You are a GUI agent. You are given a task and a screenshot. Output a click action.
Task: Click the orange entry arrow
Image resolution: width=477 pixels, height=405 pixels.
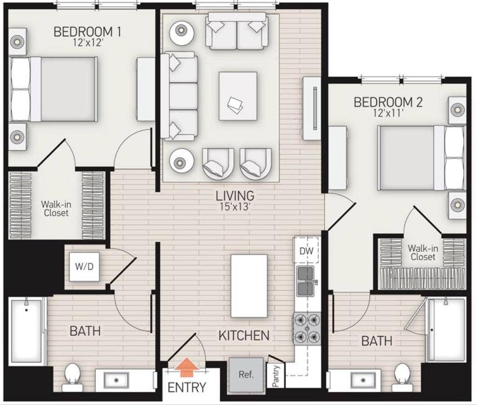187,367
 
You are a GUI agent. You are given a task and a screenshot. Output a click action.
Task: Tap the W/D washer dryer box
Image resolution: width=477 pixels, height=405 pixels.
84,267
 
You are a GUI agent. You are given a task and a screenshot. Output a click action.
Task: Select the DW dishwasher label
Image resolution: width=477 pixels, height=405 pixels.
307,251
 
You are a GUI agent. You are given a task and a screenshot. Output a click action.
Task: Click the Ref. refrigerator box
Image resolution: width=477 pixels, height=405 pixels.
246,375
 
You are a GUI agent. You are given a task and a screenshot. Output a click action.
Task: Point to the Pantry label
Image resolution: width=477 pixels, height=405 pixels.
276,376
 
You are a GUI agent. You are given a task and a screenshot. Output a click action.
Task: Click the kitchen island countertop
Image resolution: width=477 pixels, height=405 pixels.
249,286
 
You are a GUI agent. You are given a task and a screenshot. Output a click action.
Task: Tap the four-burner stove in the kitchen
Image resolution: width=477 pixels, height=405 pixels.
307,328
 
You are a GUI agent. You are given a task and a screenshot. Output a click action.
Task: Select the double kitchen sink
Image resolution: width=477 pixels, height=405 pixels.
306,281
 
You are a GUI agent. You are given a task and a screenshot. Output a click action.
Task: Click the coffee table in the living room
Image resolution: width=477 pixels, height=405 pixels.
238,96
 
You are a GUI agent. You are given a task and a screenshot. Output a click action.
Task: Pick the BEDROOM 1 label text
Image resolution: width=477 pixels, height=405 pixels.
88,32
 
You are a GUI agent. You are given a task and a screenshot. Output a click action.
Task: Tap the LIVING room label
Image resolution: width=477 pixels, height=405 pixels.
235,196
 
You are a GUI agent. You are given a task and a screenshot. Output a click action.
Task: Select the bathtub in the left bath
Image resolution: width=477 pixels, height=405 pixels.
27,331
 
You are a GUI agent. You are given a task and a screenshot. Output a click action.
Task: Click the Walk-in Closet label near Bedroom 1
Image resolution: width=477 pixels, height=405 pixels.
56,208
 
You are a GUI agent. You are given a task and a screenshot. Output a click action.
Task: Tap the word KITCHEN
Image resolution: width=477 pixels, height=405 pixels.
244,335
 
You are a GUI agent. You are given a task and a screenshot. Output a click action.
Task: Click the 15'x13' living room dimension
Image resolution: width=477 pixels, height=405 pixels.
235,207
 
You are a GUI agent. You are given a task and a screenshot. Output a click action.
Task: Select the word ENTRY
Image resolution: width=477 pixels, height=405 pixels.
187,387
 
